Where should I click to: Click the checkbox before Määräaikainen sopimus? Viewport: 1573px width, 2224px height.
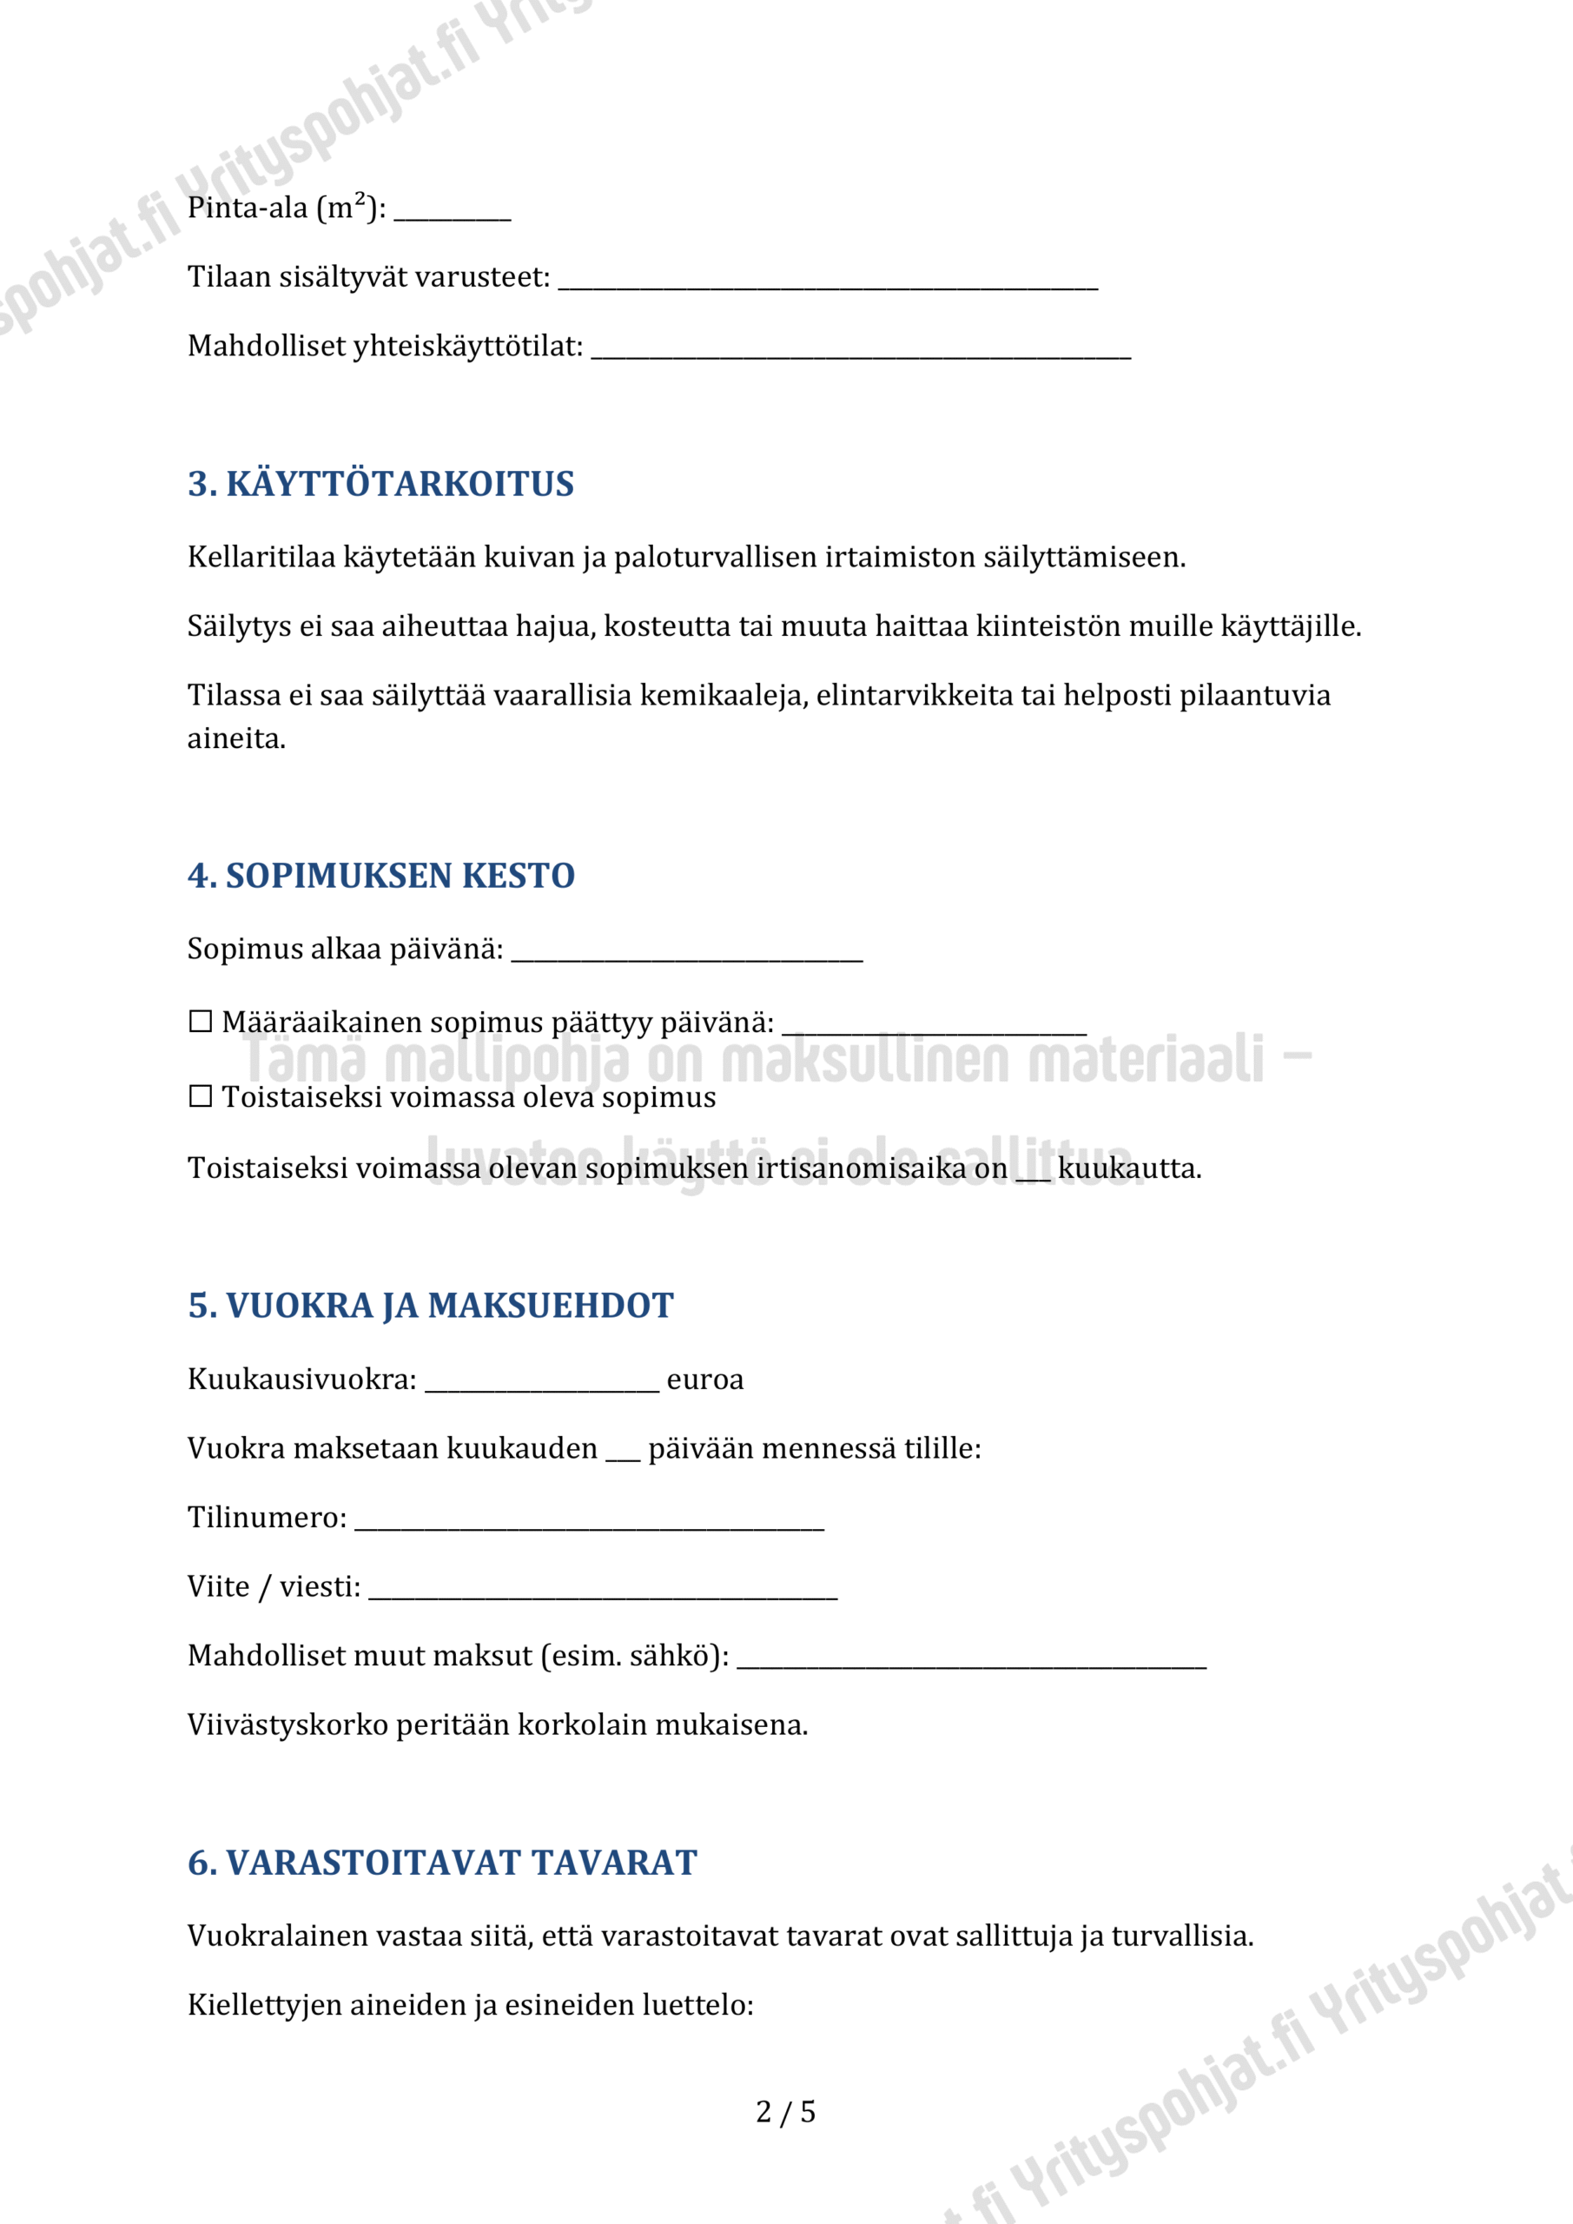click(x=201, y=1022)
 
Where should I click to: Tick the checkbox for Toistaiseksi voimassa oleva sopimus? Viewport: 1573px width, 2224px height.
click(x=201, y=1096)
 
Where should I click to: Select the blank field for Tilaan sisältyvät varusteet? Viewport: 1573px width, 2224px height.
click(x=828, y=283)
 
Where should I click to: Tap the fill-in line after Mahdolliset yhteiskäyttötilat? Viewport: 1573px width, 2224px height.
click(x=861, y=353)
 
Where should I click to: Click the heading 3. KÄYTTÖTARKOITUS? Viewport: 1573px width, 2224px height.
click(x=380, y=483)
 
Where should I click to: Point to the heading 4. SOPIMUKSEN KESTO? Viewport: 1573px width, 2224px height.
click(x=380, y=876)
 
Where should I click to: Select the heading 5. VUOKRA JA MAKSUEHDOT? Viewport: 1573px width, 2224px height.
click(x=430, y=1306)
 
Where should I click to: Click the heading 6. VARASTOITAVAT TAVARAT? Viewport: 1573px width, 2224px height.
click(x=442, y=1863)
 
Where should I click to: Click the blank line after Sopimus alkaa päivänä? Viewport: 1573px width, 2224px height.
click(x=687, y=955)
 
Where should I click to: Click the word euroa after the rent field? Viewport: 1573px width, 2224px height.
click(x=705, y=1380)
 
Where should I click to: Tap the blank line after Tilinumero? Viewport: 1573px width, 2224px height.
click(x=589, y=1524)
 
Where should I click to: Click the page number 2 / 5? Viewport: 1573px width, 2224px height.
click(x=785, y=2113)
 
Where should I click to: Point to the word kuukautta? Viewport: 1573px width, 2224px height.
click(x=1129, y=1168)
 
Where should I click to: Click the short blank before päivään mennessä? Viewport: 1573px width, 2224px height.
click(x=623, y=1455)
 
